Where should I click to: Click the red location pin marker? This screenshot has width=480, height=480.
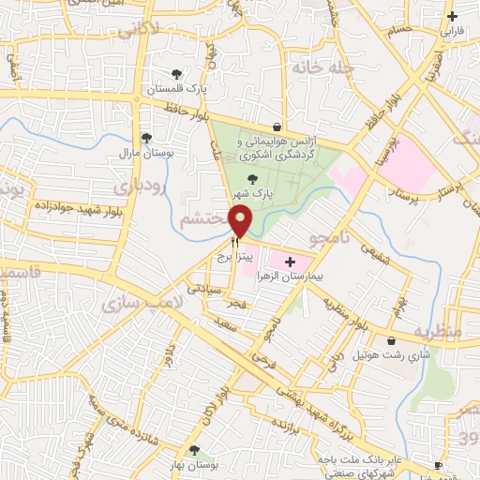pyautogui.click(x=242, y=221)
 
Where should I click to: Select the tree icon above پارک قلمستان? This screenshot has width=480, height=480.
pyautogui.click(x=175, y=74)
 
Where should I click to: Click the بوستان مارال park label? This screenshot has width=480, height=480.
pyautogui.click(x=142, y=151)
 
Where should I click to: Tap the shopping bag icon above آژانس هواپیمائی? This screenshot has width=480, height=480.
pyautogui.click(x=277, y=127)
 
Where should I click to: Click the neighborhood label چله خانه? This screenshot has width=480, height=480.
pyautogui.click(x=312, y=67)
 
